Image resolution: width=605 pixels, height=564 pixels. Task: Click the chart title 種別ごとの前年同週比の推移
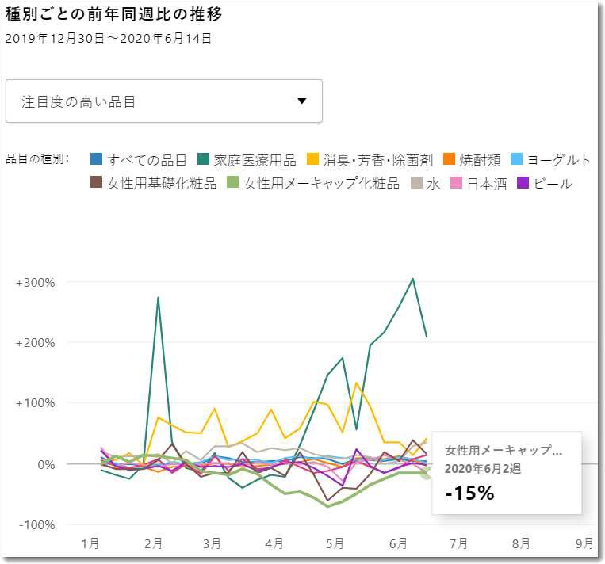tap(113, 14)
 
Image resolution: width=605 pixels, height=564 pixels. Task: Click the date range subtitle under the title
tap(108, 38)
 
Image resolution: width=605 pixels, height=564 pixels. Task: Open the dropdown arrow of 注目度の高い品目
tap(301, 101)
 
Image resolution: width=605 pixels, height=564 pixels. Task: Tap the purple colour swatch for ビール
tap(523, 184)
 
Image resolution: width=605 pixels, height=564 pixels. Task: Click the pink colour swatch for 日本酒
tap(456, 184)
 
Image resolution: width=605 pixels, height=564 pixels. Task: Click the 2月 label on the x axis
tap(154, 543)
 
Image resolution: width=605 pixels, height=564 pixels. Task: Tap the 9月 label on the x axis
tap(584, 543)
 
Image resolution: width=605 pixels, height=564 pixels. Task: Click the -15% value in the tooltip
tap(469, 493)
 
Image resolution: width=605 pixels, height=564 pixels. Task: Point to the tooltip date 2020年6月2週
tap(483, 469)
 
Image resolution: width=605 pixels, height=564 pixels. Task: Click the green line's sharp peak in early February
tap(159, 298)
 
